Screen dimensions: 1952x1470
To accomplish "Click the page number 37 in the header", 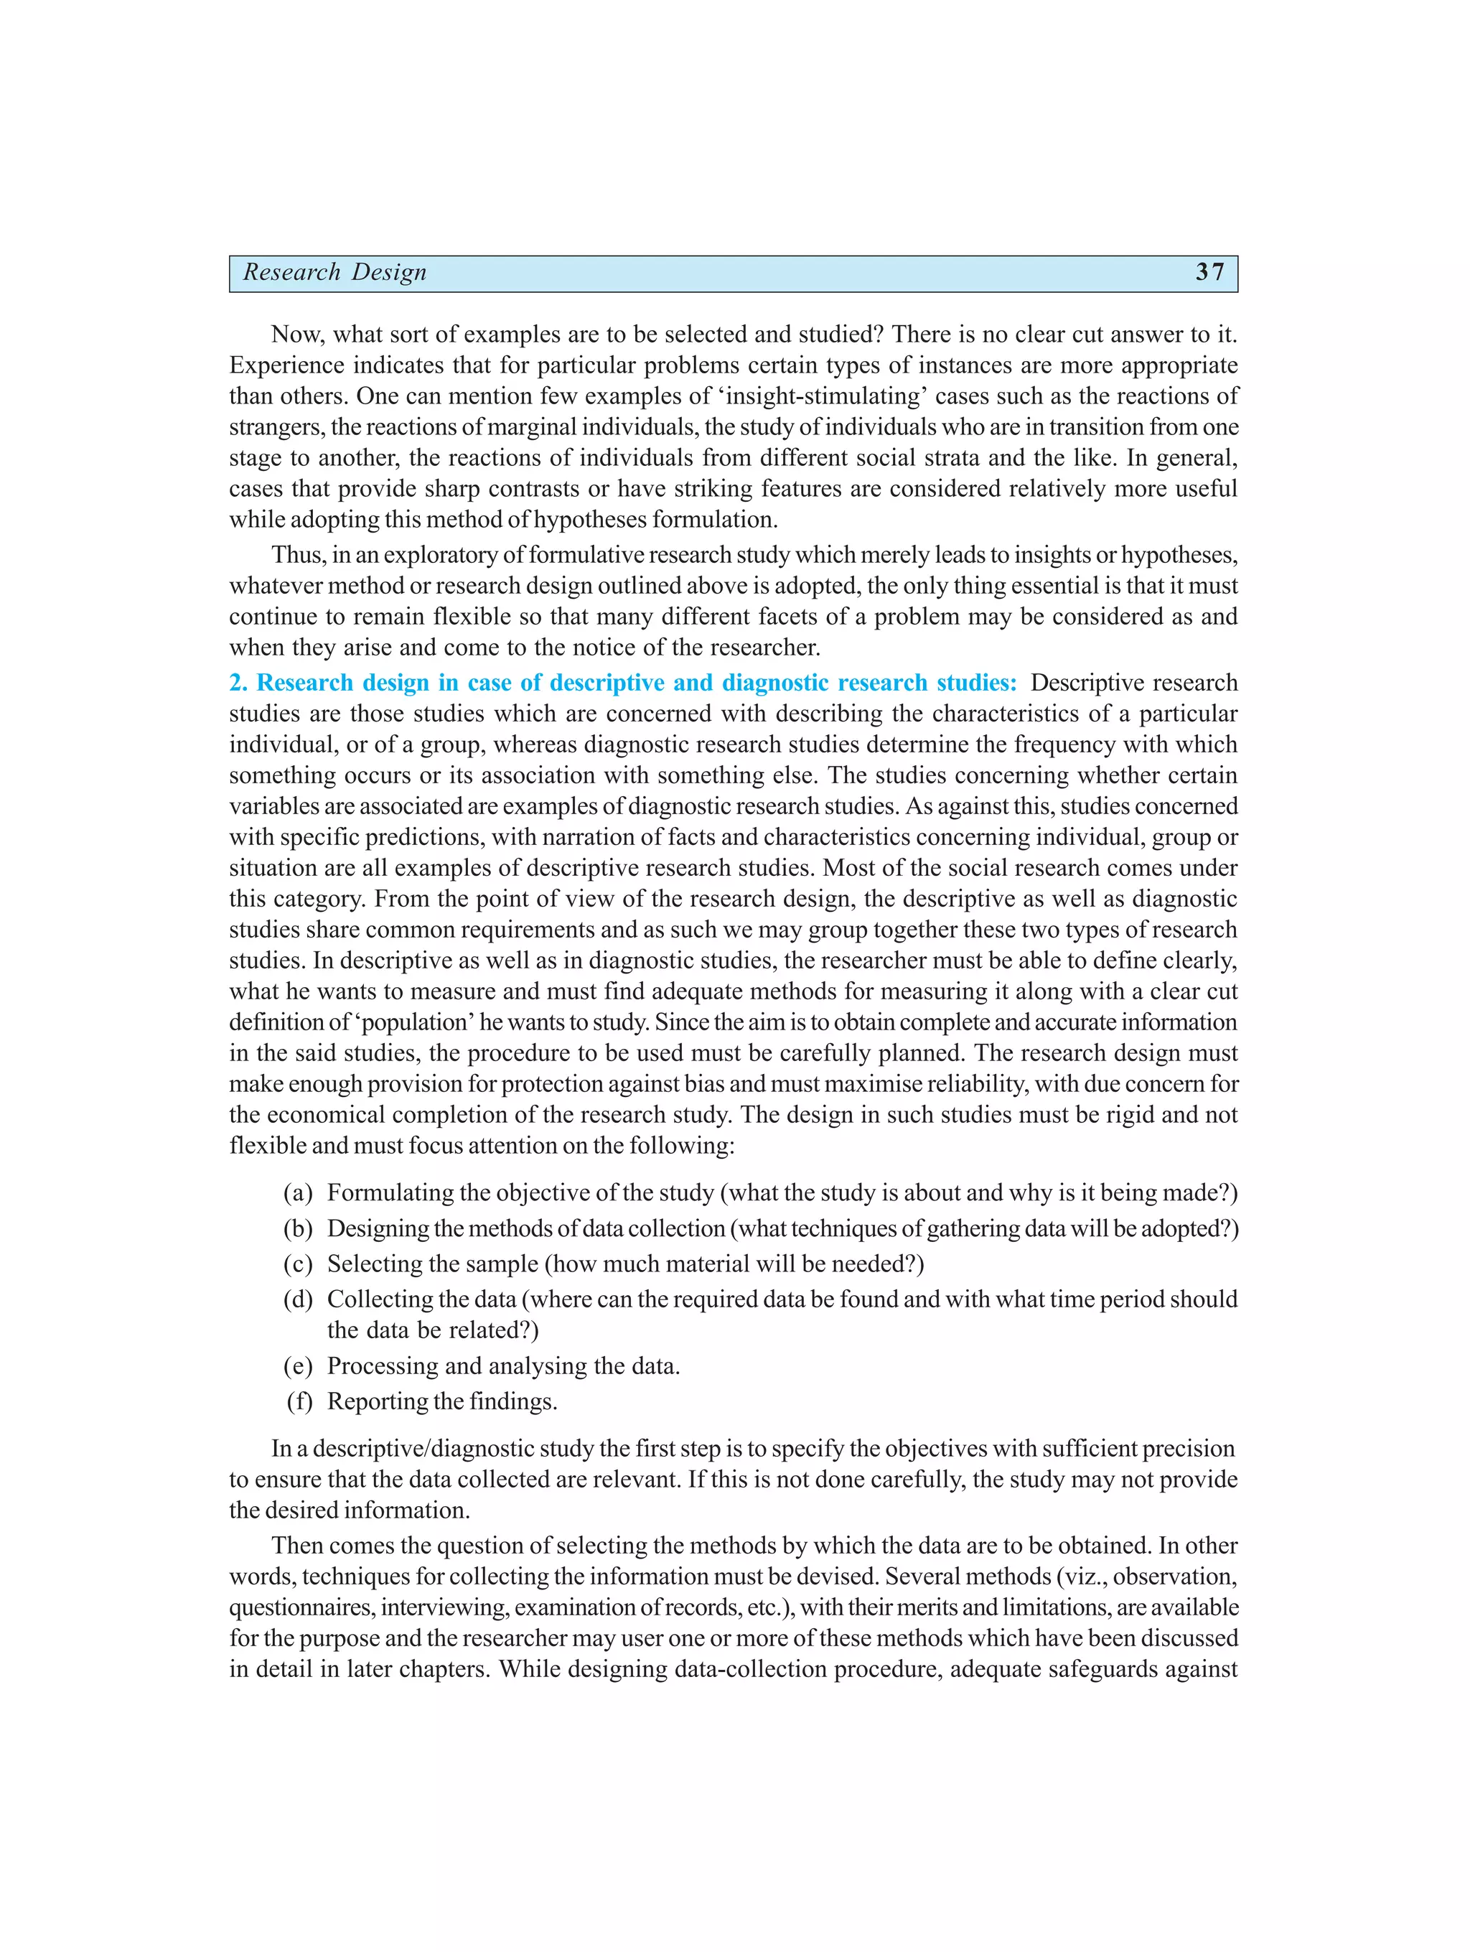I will tap(1209, 272).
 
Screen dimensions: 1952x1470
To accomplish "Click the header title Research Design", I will tap(334, 273).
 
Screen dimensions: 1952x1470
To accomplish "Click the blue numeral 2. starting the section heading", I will tap(238, 683).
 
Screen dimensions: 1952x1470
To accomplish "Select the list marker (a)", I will tap(299, 1193).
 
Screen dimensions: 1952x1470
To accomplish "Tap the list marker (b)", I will tap(299, 1228).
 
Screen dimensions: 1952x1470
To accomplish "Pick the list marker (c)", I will tap(299, 1264).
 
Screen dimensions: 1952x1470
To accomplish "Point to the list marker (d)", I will tap(299, 1299).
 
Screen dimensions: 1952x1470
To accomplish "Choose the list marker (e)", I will tap(299, 1366).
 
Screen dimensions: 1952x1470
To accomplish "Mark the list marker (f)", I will tap(300, 1401).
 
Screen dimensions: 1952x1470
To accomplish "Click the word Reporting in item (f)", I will tap(370, 1402).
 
